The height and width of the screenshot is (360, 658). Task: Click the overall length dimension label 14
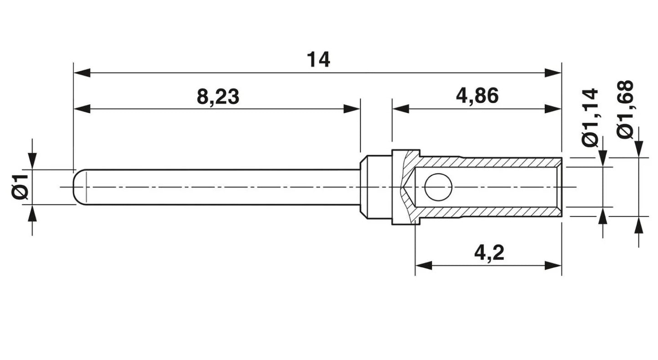tap(318, 60)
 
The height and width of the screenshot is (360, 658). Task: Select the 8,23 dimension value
tap(218, 97)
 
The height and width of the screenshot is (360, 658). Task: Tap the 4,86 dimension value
tap(477, 96)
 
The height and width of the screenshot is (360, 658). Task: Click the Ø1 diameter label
tap(20, 186)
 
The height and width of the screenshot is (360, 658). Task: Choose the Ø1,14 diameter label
tap(590, 117)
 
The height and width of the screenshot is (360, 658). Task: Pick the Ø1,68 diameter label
tap(625, 109)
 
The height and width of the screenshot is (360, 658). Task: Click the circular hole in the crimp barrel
tap(438, 187)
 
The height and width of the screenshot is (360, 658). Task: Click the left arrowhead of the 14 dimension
tap(82, 72)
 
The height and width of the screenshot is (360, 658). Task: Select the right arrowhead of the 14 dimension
tap(553, 72)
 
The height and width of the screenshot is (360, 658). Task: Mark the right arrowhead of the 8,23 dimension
tap(352, 109)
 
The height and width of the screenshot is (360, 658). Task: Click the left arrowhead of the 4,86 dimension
tap(401, 109)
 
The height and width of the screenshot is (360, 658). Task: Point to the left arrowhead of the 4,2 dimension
tap(423, 265)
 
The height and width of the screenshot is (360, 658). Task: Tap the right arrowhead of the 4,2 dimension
tap(553, 265)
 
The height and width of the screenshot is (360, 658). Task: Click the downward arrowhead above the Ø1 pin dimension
tap(32, 161)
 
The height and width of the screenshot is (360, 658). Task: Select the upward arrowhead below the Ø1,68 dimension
tap(638, 225)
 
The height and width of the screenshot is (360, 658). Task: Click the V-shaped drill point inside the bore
tap(408, 187)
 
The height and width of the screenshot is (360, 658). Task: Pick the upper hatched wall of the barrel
tap(488, 162)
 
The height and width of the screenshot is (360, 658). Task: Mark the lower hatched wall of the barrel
tap(488, 212)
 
